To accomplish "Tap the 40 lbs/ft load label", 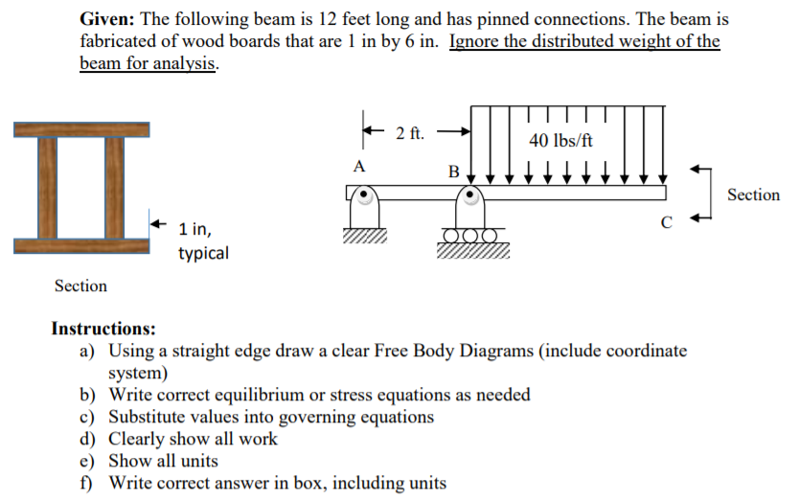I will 560,140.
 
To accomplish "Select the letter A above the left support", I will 359,165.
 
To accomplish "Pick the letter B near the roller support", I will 453,171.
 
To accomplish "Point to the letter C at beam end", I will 667,223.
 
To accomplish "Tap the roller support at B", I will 470,215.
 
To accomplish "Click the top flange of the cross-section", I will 81,130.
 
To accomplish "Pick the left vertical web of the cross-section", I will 46,188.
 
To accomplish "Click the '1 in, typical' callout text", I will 202,241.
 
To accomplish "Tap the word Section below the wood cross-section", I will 80,285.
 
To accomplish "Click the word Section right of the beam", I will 753,195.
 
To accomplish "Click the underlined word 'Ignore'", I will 475,42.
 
